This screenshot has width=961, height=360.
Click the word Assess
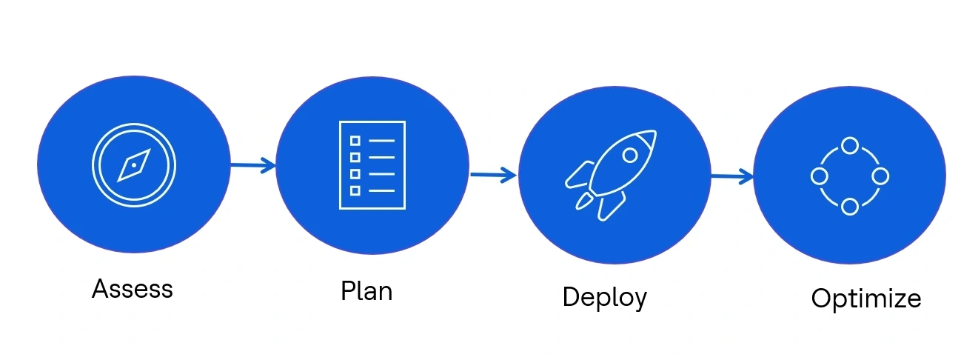132,288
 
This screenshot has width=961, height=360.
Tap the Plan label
366,290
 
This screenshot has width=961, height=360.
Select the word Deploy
604,297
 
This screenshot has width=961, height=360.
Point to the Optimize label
865,299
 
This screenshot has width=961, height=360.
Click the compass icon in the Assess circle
134,165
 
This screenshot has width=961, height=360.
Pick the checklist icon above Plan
372,165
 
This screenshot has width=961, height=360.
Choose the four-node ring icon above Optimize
849,176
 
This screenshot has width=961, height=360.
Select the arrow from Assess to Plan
252,165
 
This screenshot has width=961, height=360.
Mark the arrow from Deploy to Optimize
732,177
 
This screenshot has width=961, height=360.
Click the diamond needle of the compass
134,165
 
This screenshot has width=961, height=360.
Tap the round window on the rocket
630,156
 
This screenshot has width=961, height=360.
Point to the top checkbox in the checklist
355,140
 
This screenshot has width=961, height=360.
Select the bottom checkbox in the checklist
355,190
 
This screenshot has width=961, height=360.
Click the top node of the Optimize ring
850,145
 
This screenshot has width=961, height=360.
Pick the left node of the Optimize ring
819,176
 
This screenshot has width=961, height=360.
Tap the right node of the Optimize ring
880,176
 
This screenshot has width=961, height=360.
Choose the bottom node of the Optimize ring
850,207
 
